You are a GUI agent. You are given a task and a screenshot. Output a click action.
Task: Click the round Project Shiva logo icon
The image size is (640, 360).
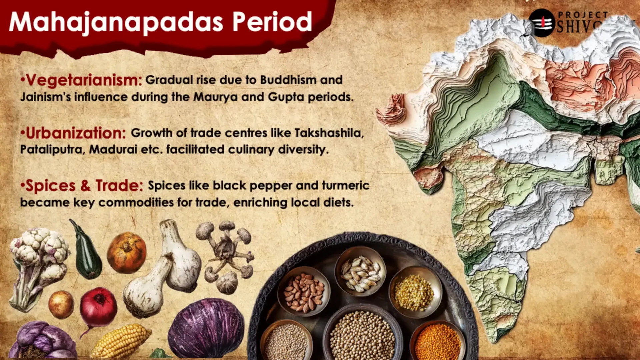click(x=542, y=23)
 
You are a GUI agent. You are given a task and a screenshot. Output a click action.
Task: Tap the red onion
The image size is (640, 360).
click(x=98, y=308)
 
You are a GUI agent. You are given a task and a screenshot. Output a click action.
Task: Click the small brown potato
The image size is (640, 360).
click(x=61, y=304)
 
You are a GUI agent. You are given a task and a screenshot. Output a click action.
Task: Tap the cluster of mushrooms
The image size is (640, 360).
click(x=226, y=257)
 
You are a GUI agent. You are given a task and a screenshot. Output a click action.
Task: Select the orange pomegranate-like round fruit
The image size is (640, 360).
click(x=126, y=252)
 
